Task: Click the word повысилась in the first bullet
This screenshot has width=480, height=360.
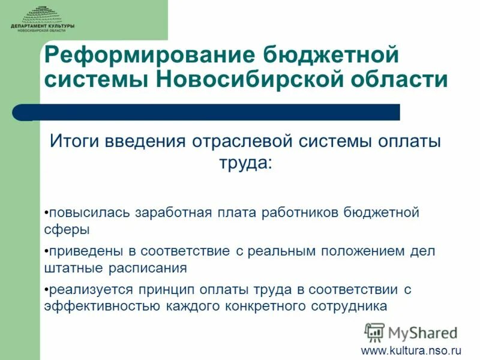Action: [90, 213]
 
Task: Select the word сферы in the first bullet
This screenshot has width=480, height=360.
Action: [67, 230]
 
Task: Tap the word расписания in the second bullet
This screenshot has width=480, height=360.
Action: [147, 268]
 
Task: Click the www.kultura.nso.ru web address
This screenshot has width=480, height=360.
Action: [411, 349]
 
